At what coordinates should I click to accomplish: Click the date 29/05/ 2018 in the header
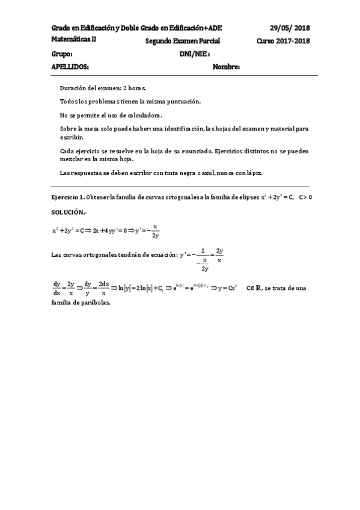point(289,28)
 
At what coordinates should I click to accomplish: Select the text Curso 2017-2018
point(282,41)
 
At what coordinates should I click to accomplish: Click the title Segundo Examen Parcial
point(183,41)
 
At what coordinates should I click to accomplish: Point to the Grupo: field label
point(63,54)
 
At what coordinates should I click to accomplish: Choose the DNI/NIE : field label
point(194,54)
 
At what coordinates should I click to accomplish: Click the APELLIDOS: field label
point(71,67)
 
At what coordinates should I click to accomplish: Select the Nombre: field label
point(226,67)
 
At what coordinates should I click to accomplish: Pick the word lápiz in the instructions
point(254,173)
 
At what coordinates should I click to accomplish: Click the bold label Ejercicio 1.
point(68,198)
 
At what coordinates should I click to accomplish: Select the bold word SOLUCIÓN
point(69,213)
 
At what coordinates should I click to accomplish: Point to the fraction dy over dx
point(57,288)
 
